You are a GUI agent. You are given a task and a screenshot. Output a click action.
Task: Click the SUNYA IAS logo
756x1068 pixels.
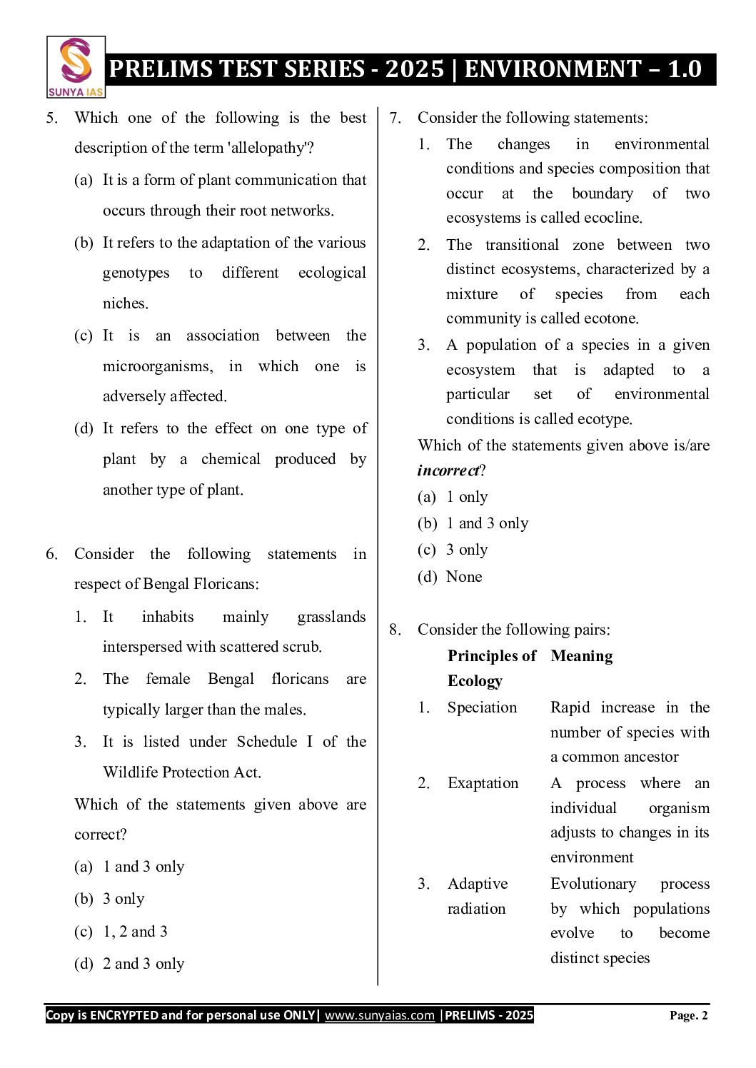coord(76,67)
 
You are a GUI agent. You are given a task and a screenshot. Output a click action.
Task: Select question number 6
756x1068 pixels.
coord(51,554)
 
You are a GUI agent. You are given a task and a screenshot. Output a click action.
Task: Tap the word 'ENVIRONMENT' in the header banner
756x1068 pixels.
coord(553,69)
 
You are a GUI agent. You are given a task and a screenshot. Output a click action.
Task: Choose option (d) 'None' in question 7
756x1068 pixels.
coord(464,576)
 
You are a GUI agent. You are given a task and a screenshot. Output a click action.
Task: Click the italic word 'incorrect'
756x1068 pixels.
coord(448,470)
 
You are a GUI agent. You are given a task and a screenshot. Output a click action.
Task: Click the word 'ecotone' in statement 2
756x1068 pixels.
coord(610,318)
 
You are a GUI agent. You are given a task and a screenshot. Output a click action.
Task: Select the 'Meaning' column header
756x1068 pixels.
coord(581,656)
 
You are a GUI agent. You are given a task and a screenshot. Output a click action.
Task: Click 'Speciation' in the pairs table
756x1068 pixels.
coord(482,707)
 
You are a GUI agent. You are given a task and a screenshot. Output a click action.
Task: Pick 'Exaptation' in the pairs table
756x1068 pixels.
coord(483,783)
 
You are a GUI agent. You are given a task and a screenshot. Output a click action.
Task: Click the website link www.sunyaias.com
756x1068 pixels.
coord(379,1015)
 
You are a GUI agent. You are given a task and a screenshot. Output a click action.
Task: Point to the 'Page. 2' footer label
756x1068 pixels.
coord(688,1015)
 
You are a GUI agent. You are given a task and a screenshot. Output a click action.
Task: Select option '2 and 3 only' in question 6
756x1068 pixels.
coord(143,964)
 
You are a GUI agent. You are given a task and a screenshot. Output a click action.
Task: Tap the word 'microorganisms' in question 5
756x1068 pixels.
coord(157,366)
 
